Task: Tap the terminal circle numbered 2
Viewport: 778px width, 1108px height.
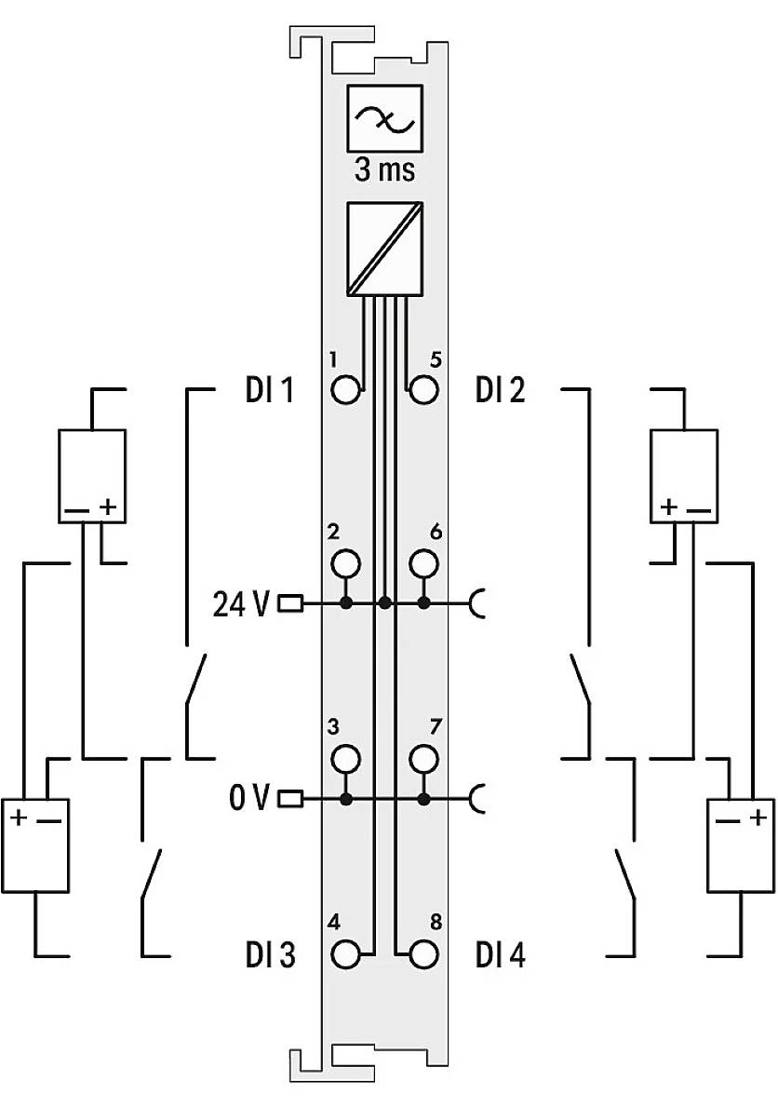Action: point(345,563)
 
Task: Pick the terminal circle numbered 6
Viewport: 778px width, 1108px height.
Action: point(424,563)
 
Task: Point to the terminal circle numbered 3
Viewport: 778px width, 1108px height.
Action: point(345,758)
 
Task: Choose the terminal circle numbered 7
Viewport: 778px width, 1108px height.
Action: point(424,758)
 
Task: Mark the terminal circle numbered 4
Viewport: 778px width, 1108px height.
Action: point(345,955)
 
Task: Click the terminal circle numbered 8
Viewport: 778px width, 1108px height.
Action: point(424,955)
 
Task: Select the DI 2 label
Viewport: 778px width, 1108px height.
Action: point(500,390)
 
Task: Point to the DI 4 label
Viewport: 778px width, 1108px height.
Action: point(500,955)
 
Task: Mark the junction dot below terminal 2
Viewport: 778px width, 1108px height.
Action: point(345,604)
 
